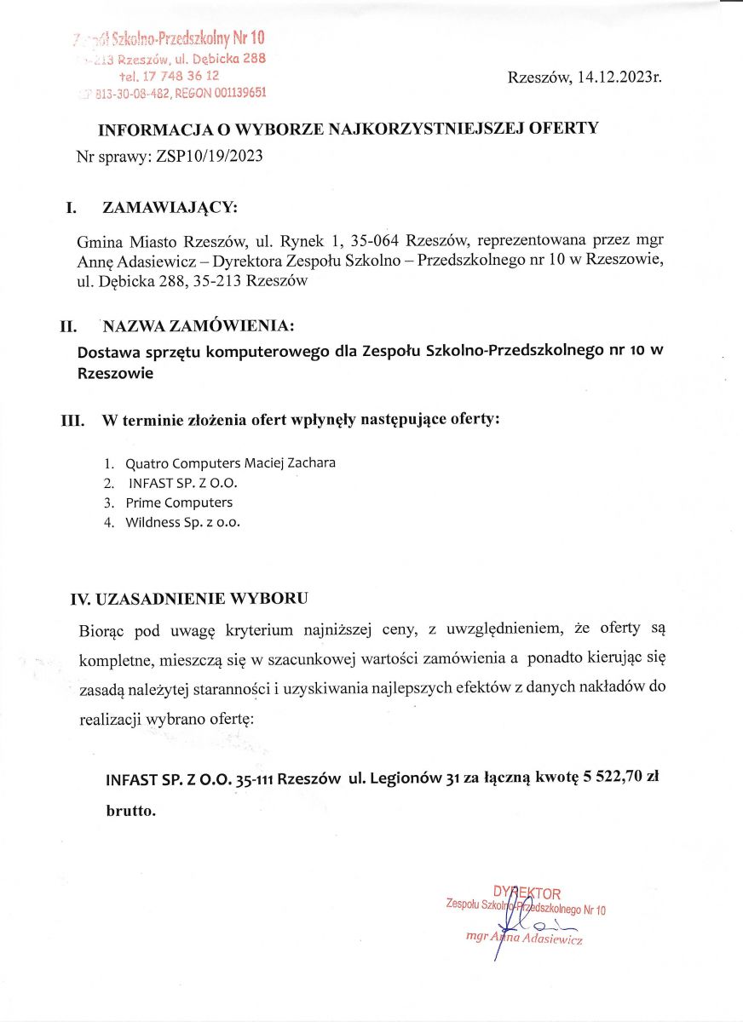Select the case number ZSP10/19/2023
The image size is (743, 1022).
tap(210, 157)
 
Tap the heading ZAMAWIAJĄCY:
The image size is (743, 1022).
tap(170, 208)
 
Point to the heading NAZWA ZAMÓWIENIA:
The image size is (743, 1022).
tap(199, 325)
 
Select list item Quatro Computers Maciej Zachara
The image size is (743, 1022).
tap(230, 463)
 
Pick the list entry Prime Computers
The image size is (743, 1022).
tap(179, 502)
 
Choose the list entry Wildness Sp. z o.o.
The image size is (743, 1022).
tap(183, 522)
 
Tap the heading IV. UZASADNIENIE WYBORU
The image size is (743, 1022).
tap(188, 598)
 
